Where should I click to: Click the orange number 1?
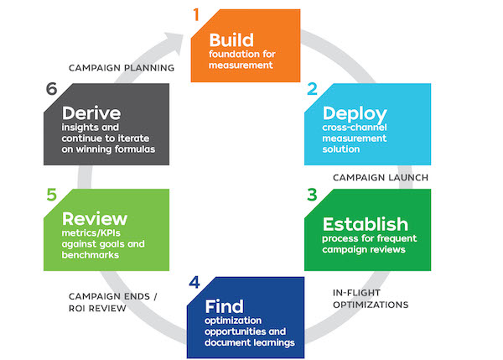pyautogui.click(x=197, y=14)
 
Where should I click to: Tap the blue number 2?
pyautogui.click(x=312, y=91)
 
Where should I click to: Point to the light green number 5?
pyautogui.click(x=51, y=194)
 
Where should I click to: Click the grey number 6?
pyautogui.click(x=51, y=90)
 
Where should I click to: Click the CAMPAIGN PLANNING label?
pyautogui.click(x=122, y=68)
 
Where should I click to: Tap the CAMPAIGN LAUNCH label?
pyautogui.click(x=381, y=178)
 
